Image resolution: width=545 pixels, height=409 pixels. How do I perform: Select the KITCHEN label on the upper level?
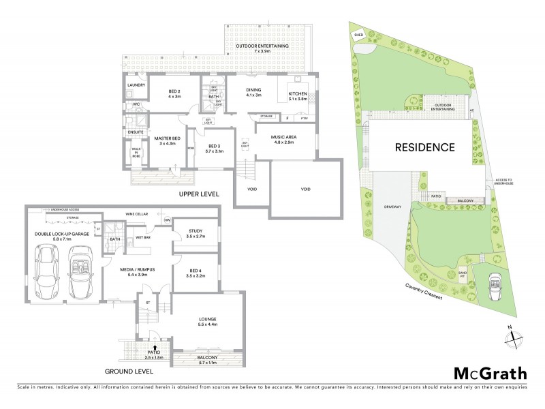(x=298, y=95)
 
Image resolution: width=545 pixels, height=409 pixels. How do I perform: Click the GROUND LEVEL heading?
(x=129, y=372)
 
